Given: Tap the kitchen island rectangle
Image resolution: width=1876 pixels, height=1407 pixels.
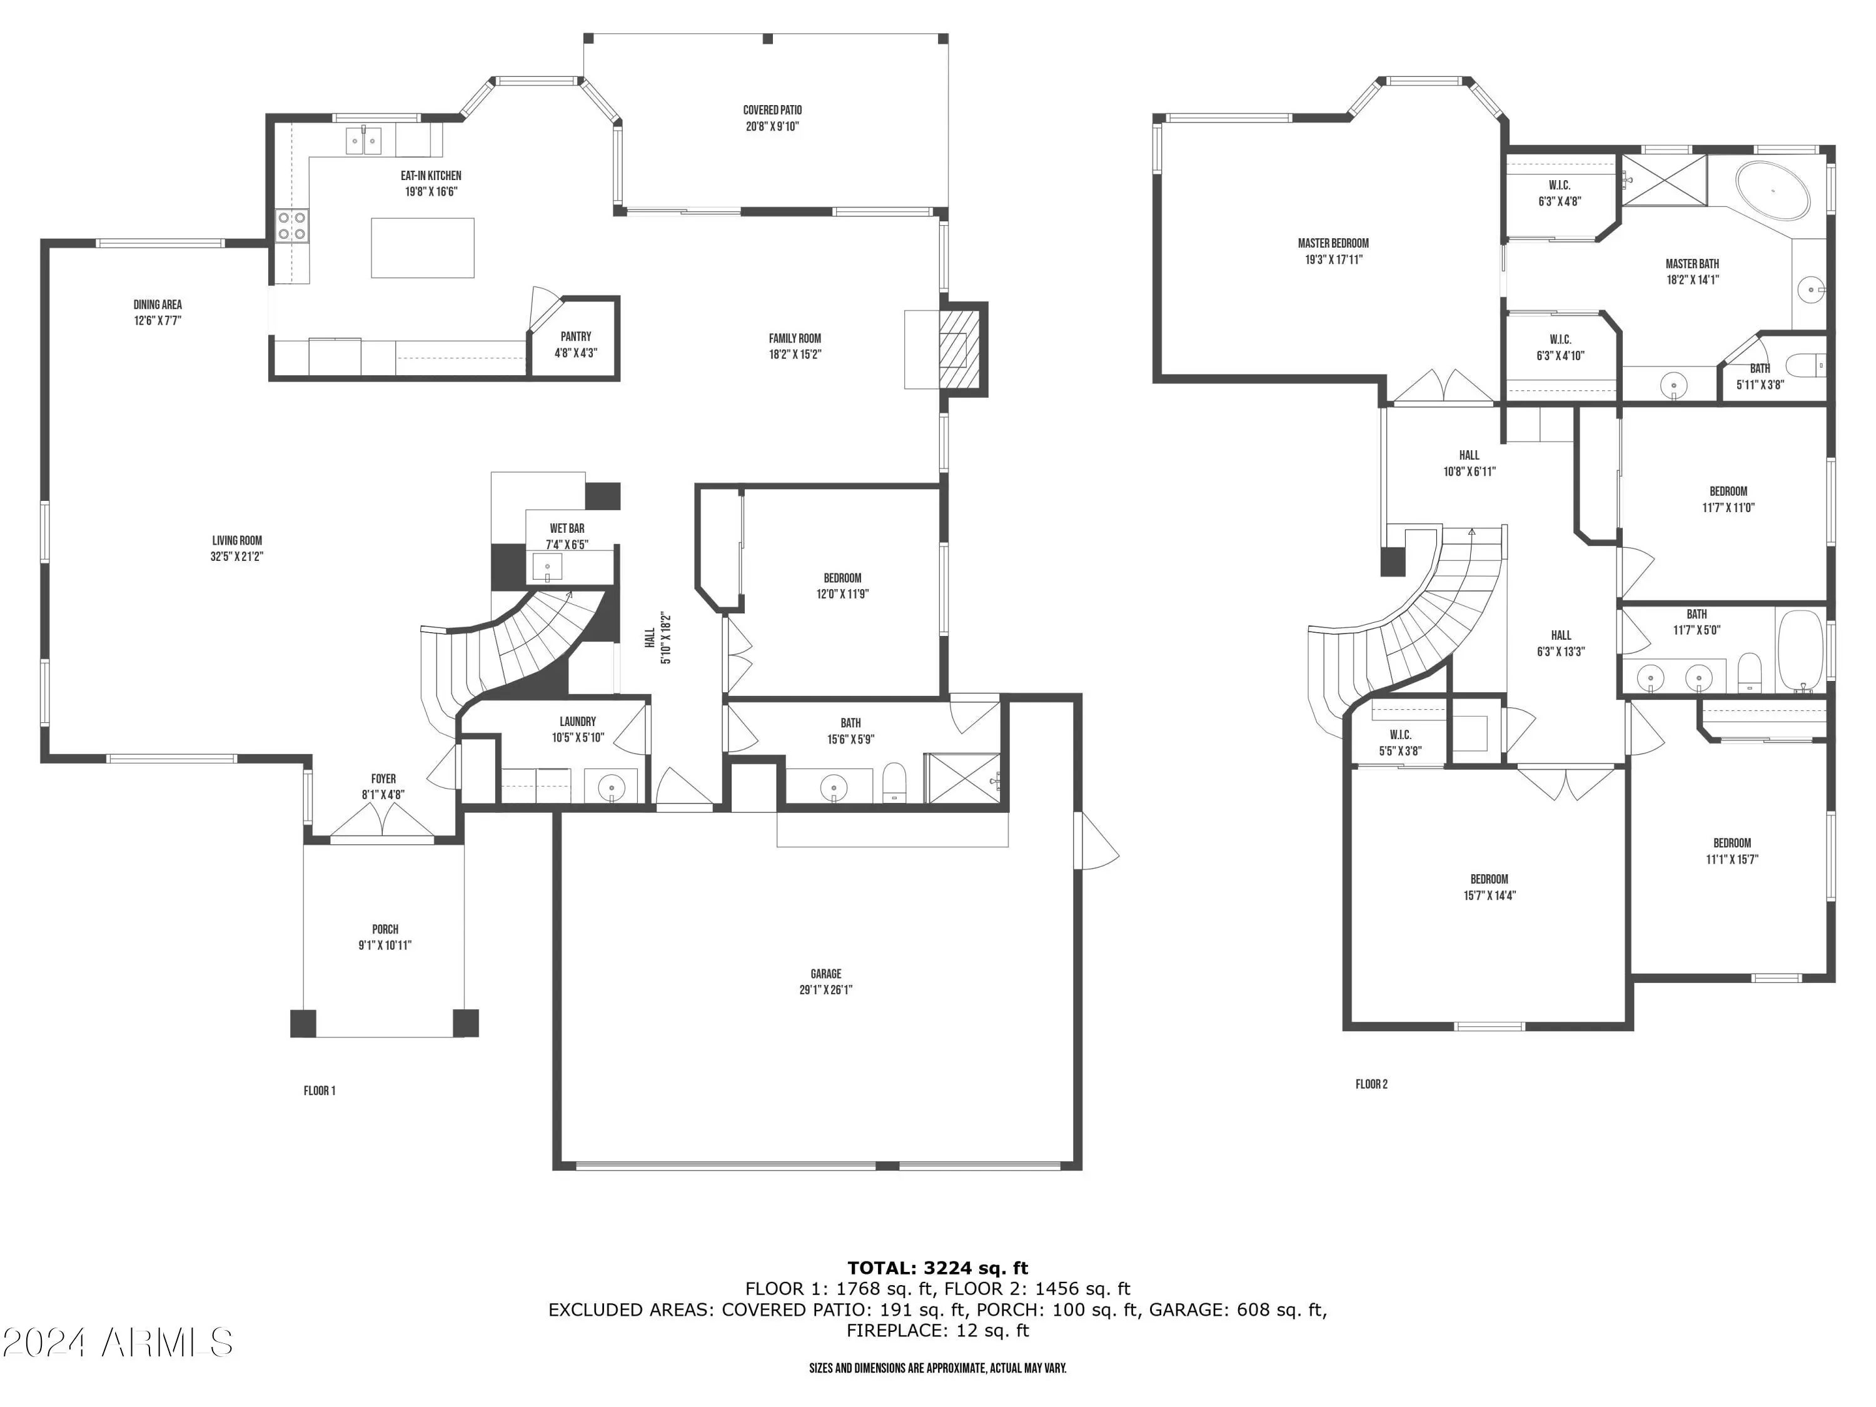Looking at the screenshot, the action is (x=422, y=248).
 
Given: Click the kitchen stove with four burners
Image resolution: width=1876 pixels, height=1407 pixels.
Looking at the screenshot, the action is (x=292, y=226).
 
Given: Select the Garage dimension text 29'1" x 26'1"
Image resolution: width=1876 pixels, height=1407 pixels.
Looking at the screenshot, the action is (x=825, y=990).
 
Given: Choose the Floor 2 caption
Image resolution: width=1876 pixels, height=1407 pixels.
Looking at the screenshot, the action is (x=1371, y=1084).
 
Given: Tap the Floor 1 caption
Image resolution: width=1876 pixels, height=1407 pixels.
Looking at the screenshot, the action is (x=320, y=1091).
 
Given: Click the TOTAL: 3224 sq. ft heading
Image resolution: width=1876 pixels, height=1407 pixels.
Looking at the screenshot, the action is (x=937, y=1268).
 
